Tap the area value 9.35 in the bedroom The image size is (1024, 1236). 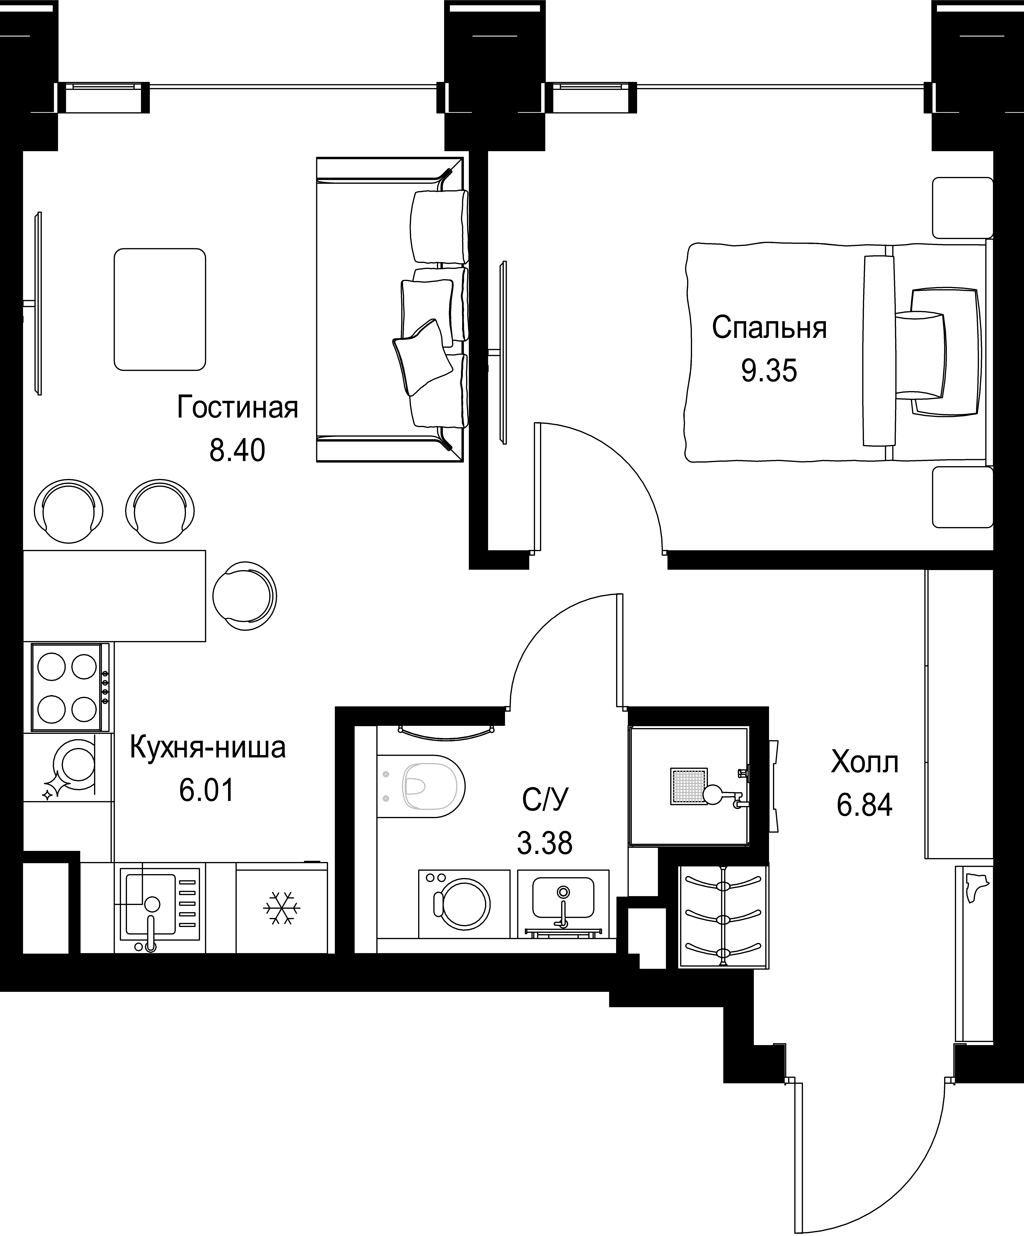[769, 371]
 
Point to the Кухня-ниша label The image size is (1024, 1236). [207, 748]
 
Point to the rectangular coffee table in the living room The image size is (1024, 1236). [160, 309]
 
